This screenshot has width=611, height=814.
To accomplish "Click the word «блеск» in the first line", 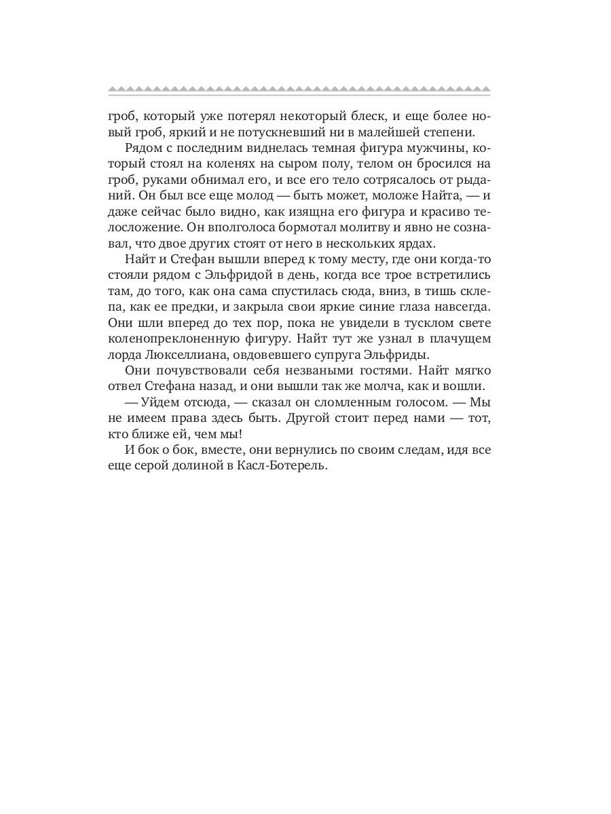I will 352,113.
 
